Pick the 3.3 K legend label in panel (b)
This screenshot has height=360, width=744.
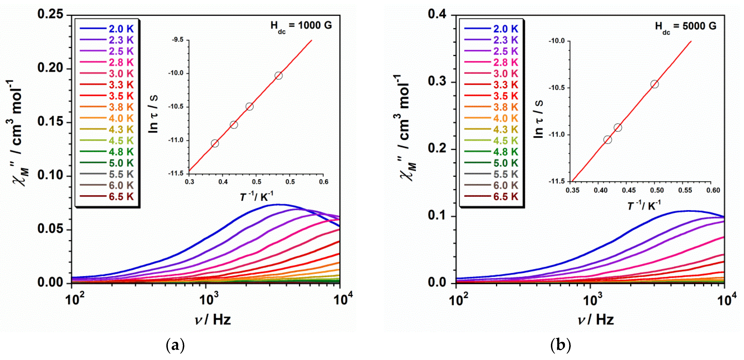(x=505, y=84)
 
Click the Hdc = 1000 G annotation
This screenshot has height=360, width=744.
(x=301, y=26)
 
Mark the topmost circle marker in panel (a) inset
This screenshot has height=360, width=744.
(x=278, y=76)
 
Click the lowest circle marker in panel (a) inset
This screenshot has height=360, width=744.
(x=215, y=143)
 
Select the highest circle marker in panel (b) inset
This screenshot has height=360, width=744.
(x=654, y=84)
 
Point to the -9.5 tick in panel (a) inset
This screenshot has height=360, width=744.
(x=178, y=40)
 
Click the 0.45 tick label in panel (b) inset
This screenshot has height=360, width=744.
(x=628, y=190)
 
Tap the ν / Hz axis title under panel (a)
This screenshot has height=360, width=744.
(x=213, y=320)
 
